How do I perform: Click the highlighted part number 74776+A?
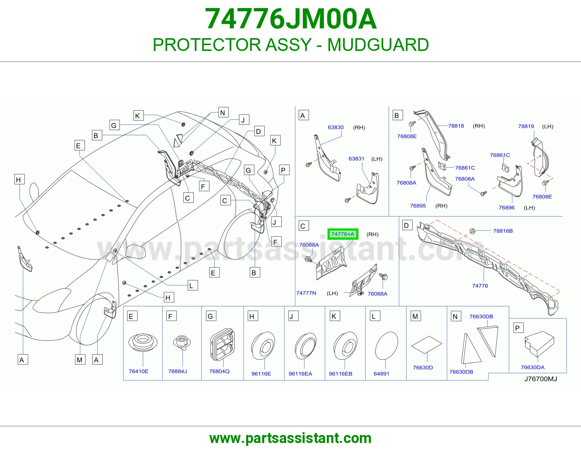point(343,234)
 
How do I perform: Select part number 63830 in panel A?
point(336,127)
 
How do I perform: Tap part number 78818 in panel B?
point(456,126)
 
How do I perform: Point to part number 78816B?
point(503,231)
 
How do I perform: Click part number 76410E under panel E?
point(138,371)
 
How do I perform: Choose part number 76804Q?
point(219,371)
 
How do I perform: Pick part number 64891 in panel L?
point(381,374)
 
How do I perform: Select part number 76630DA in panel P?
point(532,367)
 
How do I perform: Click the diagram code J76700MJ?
point(541,379)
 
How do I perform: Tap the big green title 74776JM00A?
point(290,19)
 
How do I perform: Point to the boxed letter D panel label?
point(406,225)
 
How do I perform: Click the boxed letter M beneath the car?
point(80,360)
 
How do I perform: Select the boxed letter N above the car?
point(223,113)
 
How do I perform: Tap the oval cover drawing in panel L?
point(387,346)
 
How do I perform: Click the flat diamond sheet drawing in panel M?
point(426,345)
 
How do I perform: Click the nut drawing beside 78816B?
point(472,231)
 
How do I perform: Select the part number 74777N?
point(306,293)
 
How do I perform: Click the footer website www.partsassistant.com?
point(290,438)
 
